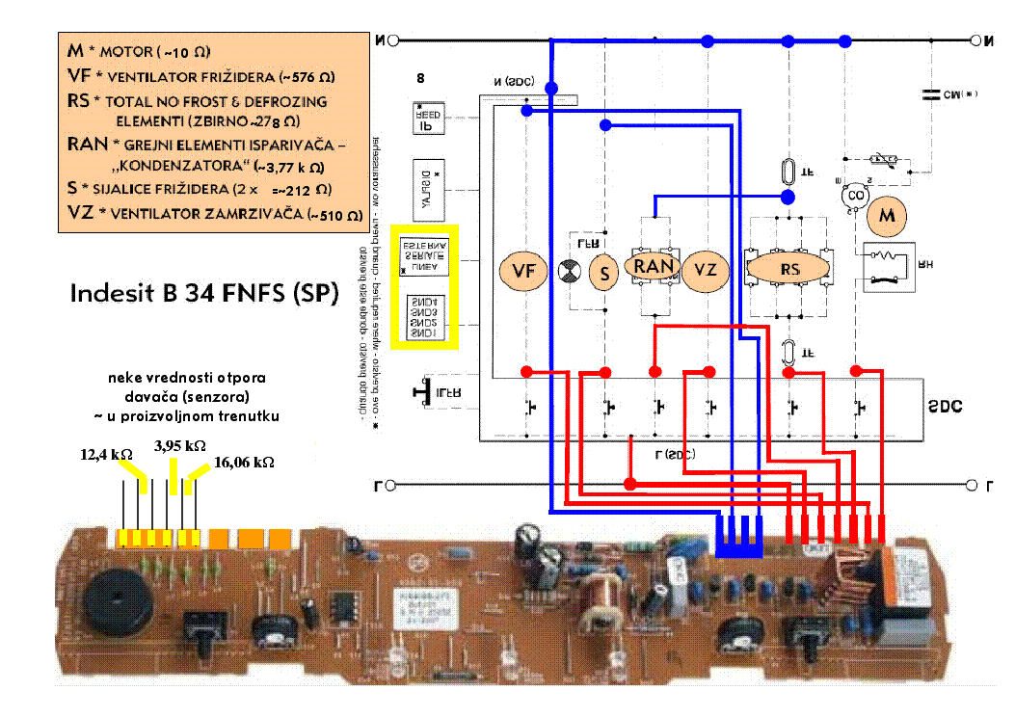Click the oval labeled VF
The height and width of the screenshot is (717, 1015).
(x=524, y=271)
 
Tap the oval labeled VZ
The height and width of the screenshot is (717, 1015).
(x=707, y=271)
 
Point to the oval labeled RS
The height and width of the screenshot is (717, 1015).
(x=789, y=270)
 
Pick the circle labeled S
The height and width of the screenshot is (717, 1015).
(x=604, y=274)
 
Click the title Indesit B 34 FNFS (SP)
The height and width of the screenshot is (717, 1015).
(x=204, y=293)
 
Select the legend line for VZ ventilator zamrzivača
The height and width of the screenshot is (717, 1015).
(x=207, y=214)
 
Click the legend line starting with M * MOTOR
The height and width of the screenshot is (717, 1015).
(x=139, y=51)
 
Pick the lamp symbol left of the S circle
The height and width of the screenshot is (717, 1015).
(x=573, y=273)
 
